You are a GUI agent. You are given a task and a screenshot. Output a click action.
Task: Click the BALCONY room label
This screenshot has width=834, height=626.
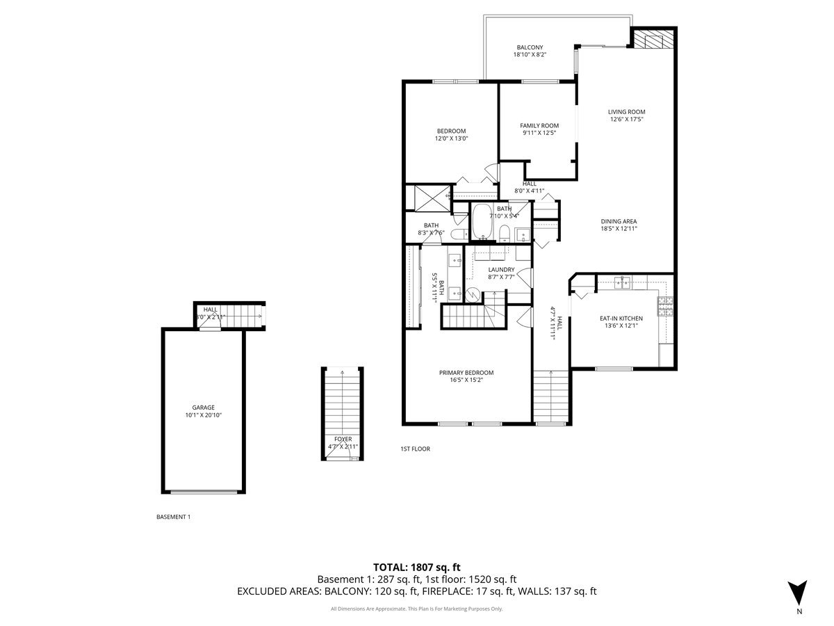pos(530,47)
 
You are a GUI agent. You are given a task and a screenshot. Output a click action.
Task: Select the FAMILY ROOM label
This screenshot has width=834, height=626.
pos(539,126)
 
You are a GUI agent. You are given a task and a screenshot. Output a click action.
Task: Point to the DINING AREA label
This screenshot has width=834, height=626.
pos(619,221)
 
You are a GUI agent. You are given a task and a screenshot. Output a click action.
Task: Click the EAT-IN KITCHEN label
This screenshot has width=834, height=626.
pos(621,319)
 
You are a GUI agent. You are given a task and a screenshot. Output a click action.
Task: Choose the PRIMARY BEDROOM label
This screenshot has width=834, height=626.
pos(466,373)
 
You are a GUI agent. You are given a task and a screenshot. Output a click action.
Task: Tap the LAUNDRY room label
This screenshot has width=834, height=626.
pos(500,270)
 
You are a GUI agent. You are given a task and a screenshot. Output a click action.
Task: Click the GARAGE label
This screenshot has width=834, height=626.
pos(203,408)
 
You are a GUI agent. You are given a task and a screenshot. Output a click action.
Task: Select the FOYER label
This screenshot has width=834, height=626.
pos(343,439)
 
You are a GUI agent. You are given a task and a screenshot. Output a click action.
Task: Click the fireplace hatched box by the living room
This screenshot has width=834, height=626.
pos(653,39)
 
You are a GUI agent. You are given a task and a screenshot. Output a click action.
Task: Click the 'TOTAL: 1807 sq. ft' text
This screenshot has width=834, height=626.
pos(416,567)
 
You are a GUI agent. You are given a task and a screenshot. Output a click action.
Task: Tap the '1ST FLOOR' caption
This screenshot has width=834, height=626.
pos(415,449)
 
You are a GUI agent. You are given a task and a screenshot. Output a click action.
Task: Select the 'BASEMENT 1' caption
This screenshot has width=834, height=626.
pos(173,517)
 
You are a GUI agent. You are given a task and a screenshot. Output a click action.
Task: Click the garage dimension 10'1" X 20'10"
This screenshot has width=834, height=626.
pos(203,415)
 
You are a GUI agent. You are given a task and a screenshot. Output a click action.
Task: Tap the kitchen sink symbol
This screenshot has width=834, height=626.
pos(622,282)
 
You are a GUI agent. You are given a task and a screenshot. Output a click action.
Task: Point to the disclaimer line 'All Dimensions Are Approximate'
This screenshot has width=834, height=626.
pos(416,609)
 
